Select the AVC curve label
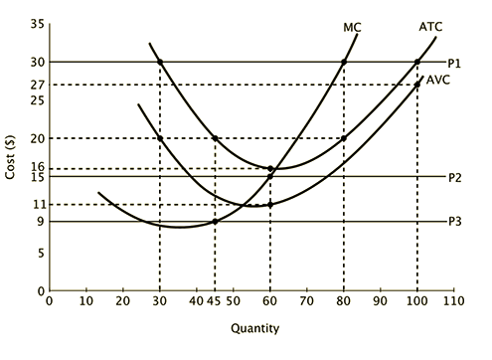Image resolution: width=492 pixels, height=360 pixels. point(438,80)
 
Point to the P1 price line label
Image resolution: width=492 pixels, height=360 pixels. point(454,62)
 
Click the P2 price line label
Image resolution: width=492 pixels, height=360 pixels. point(454,177)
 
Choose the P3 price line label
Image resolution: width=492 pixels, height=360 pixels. point(454,222)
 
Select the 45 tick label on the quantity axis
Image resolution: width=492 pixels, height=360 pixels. point(214,299)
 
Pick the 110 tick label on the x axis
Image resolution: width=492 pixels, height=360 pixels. point(453,299)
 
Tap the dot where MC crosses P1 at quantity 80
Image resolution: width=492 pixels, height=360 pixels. point(344,62)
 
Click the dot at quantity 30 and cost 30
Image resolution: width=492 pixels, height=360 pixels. point(160,62)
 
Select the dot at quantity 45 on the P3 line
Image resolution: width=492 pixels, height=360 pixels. point(215,221)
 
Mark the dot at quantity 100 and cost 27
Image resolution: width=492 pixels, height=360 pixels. point(417,85)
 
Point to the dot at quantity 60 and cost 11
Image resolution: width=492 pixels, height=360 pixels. point(269,205)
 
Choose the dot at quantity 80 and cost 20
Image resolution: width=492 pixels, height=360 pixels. point(344,138)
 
